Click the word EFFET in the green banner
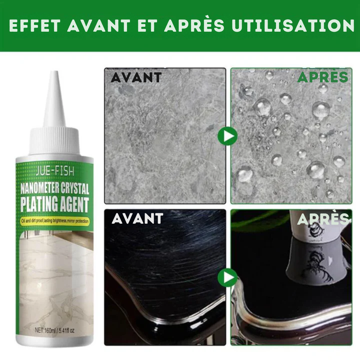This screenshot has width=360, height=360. pos(35,25)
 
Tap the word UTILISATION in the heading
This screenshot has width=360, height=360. pos(293,25)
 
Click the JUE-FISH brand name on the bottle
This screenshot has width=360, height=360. pos(55,171)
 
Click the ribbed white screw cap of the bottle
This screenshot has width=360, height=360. pos(54,141)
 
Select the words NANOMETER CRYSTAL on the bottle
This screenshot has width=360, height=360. pos(55,188)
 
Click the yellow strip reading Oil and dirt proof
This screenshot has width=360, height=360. pos(55,221)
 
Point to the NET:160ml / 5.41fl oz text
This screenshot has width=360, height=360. pos(55,330)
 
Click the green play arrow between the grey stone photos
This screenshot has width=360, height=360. pos(228,136)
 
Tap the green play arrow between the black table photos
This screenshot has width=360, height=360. pos(228,278)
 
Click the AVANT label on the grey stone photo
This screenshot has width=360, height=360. pos(136,78)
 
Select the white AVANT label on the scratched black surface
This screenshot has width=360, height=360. pos(137,219)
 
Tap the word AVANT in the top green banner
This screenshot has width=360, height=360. pos(99,25)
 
